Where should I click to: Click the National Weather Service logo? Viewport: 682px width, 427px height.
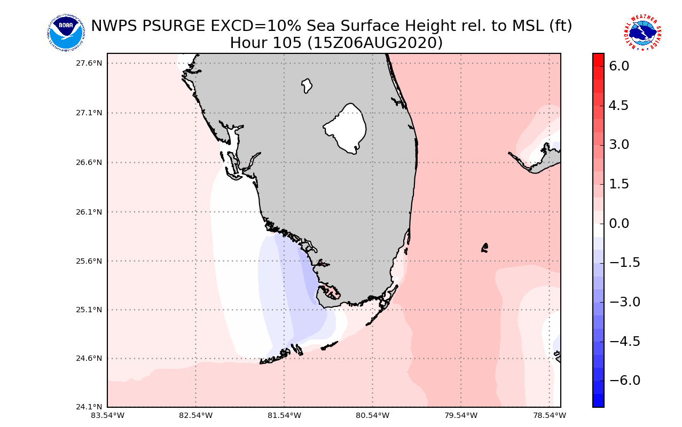point(642,33)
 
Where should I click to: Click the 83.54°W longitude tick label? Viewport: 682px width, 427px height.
point(107,415)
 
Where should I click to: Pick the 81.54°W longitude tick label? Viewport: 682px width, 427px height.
point(284,415)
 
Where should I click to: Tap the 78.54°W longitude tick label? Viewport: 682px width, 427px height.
point(550,415)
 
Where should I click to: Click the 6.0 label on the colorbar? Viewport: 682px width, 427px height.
point(619,66)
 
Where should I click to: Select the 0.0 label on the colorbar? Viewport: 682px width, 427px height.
point(619,223)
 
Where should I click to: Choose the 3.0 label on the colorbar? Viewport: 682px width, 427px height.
point(619,145)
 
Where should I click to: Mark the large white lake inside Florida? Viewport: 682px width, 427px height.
point(346,128)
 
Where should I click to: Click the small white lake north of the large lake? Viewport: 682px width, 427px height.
point(307,85)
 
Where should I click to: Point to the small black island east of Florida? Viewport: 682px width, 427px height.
point(484,248)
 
